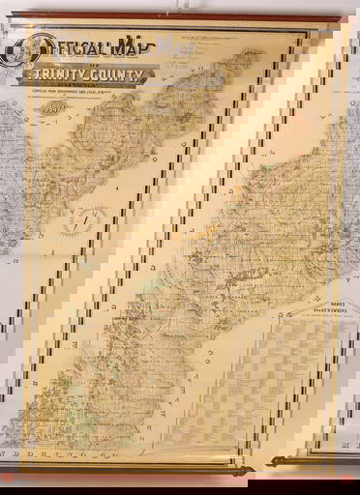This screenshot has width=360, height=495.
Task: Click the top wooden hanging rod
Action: [x=180, y=18]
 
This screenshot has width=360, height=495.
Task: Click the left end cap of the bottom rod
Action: [x=11, y=477]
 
